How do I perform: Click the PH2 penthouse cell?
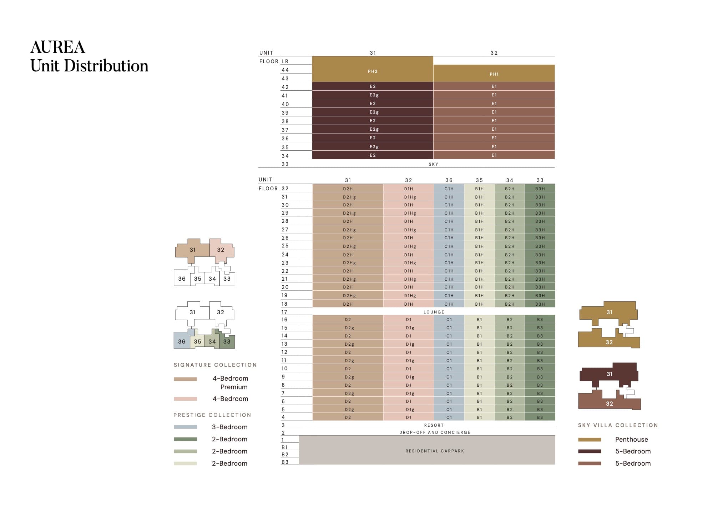pyautogui.click(x=373, y=71)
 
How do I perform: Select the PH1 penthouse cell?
pyautogui.click(x=494, y=74)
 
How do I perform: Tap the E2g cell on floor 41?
pyautogui.click(x=374, y=95)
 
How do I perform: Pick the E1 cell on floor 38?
pyautogui.click(x=494, y=121)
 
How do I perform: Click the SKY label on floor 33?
pyautogui.click(x=433, y=164)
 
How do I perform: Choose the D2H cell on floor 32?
pyautogui.click(x=348, y=189)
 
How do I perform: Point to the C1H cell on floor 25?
pyautogui.click(x=449, y=246)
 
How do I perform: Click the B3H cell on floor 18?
pyautogui.click(x=540, y=304)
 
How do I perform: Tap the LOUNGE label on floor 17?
pyautogui.click(x=434, y=312)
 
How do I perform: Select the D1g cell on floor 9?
pyautogui.click(x=410, y=377)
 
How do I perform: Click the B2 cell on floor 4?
pyautogui.click(x=510, y=417)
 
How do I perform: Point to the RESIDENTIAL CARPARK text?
pyautogui.click(x=435, y=451)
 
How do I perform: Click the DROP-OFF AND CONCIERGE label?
pyautogui.click(x=435, y=432)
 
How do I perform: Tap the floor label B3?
pyautogui.click(x=285, y=462)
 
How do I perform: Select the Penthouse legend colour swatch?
pyautogui.click(x=590, y=440)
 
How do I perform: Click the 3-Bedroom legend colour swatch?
pyautogui.click(x=185, y=427)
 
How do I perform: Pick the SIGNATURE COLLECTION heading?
pyautogui.click(x=215, y=365)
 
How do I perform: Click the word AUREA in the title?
pyautogui.click(x=58, y=47)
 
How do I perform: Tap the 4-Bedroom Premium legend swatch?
pyautogui.click(x=185, y=379)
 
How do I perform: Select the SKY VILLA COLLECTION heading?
pyautogui.click(x=618, y=425)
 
